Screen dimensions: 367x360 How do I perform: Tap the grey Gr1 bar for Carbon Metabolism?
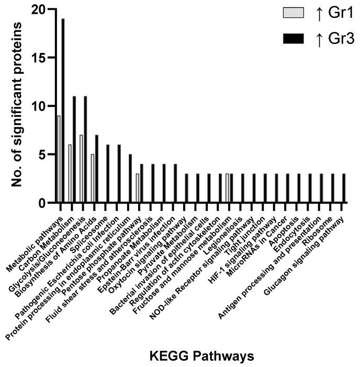coord(70,174)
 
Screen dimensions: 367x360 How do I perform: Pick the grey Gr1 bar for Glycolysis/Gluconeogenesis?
coord(82,169)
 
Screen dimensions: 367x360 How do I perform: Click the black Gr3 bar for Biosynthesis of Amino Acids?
coord(97,169)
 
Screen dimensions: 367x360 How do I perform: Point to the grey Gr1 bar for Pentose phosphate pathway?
coord(138,188)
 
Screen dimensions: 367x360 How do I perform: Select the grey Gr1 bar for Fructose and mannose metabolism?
coord(228,188)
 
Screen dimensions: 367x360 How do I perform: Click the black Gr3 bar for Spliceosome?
coord(108,174)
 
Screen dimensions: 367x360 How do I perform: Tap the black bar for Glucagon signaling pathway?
coord(344,188)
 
